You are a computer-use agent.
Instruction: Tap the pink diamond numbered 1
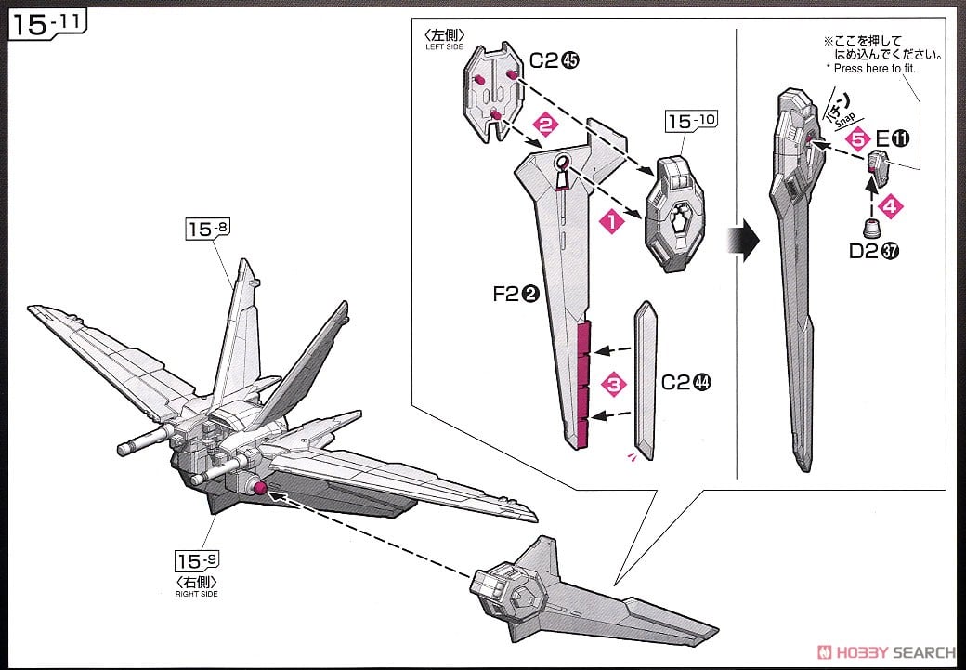tap(610, 221)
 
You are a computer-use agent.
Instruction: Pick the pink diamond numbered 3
tap(610, 381)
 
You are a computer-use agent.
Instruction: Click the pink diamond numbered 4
tap(889, 207)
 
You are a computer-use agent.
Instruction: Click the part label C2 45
tap(555, 61)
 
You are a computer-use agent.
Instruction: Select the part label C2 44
tap(687, 381)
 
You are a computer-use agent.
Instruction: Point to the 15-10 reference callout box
tap(688, 123)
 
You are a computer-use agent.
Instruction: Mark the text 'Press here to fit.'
tap(881, 68)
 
